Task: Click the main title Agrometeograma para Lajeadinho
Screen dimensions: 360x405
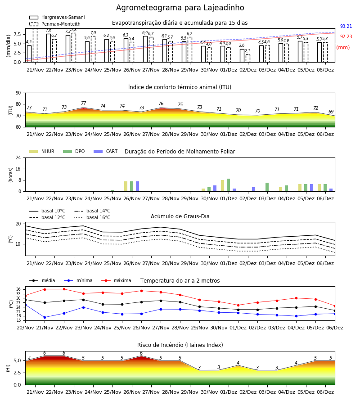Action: pos(180,8)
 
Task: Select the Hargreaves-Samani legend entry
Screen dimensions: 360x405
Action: pos(57,17)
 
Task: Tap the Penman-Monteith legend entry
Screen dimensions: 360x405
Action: pos(55,24)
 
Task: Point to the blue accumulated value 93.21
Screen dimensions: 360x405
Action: pos(346,26)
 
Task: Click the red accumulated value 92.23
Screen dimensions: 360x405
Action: pos(346,36)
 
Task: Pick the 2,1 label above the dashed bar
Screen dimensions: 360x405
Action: pos(247,50)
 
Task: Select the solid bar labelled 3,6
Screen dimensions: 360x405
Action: pos(242,55)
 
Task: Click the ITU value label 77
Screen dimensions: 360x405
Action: pos(83,103)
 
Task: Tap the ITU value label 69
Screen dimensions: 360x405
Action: pos(331,112)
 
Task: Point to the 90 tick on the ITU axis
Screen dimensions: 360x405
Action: pos(18,93)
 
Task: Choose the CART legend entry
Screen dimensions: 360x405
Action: pos(105,151)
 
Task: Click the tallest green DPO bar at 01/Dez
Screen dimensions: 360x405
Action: pos(228,185)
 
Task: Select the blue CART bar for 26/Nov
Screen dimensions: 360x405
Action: pos(137,186)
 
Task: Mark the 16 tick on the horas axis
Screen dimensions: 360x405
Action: pos(18,169)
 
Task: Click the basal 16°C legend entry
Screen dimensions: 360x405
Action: pos(92,217)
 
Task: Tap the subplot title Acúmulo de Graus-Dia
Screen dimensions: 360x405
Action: pos(180,216)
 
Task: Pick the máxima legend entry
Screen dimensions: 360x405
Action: pos(116,280)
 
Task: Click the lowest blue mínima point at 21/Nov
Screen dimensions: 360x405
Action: pos(45,317)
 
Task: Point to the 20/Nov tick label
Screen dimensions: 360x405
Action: pos(25,328)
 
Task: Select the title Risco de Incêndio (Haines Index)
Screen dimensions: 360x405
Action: pos(180,345)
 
